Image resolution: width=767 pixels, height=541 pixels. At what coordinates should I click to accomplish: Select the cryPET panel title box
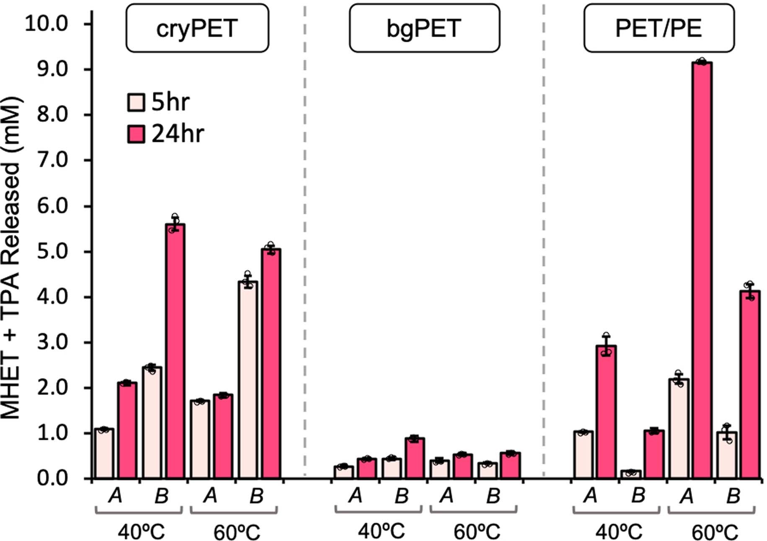(x=197, y=28)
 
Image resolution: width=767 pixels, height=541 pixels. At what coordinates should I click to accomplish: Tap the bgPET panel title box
(x=424, y=28)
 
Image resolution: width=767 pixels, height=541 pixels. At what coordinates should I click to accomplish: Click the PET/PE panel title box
(x=659, y=28)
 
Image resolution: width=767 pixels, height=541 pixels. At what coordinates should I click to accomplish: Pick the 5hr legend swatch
(x=136, y=102)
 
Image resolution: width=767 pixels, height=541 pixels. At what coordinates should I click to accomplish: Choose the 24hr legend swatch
(x=136, y=134)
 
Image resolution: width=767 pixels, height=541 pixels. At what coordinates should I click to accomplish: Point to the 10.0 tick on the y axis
(x=46, y=24)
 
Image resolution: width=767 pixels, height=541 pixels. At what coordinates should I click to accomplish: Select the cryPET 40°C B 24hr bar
(x=175, y=352)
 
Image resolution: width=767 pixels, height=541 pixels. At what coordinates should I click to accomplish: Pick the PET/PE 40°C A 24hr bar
(x=606, y=412)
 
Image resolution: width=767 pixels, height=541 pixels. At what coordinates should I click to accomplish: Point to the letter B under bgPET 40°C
(x=401, y=496)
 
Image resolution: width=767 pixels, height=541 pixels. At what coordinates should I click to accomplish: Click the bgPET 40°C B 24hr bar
(x=414, y=458)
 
